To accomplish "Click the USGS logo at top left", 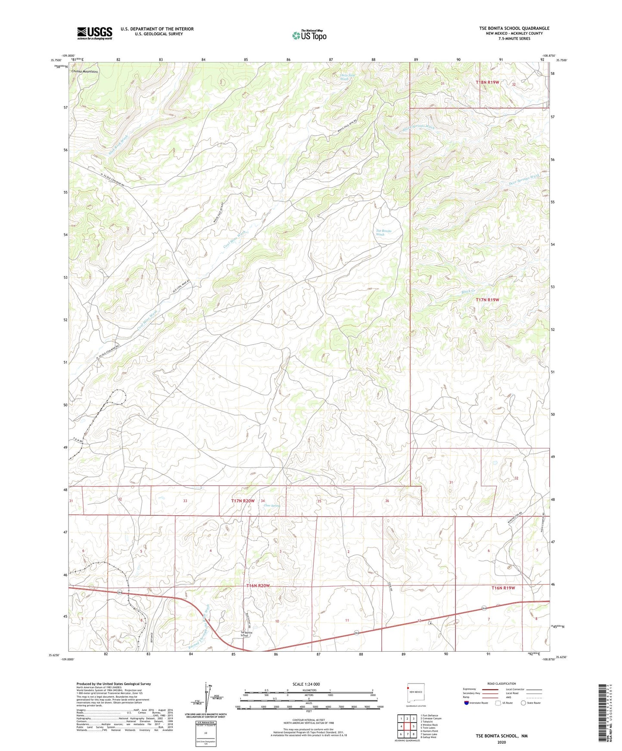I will pyautogui.click(x=95, y=33).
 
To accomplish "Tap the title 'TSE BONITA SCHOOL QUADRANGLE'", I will pyautogui.click(x=514, y=28).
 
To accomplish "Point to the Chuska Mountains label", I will pyautogui.click(x=85, y=71).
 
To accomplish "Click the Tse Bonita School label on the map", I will pyautogui.click(x=244, y=634).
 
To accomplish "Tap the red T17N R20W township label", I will pyautogui.click(x=243, y=501).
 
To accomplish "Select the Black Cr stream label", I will pyautogui.click(x=467, y=292).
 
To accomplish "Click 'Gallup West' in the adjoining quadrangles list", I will pyautogui.click(x=428, y=737).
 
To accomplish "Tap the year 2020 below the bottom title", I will pyautogui.click(x=501, y=742).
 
